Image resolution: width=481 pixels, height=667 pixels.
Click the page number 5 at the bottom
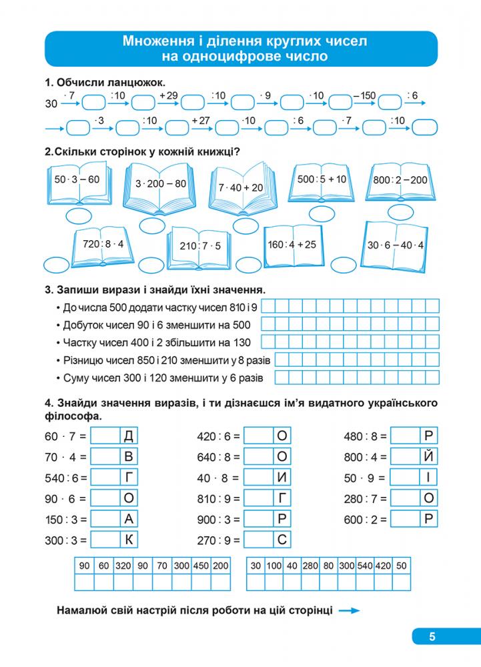pos(432,636)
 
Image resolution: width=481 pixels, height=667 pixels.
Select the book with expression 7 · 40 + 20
pos(240,187)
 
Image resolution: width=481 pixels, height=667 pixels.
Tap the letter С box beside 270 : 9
pos(282,540)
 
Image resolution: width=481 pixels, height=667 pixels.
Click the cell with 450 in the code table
pos(201,566)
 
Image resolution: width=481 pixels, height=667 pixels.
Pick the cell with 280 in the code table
pos(310,566)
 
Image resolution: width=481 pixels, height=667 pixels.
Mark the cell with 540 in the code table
pos(364,566)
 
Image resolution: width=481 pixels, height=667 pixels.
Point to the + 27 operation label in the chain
pos(200,120)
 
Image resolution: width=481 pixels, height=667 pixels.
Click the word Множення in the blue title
pos(154,41)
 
